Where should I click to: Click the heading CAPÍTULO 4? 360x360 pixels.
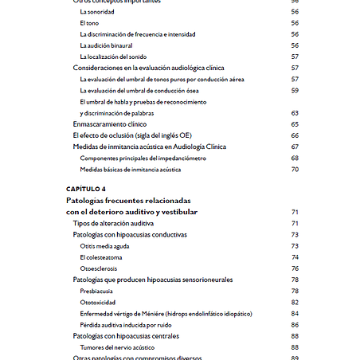click(x=86, y=189)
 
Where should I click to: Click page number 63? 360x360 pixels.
click(x=294, y=113)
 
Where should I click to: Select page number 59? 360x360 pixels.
click(x=294, y=91)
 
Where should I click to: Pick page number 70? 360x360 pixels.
click(x=294, y=169)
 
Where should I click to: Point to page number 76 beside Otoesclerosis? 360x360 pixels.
click(x=294, y=268)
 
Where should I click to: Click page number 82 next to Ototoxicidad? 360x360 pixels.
click(x=294, y=303)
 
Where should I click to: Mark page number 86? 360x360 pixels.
click(x=294, y=325)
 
